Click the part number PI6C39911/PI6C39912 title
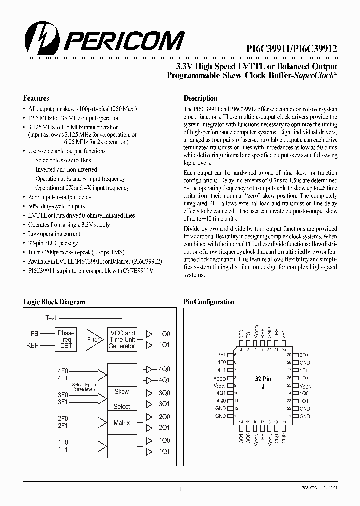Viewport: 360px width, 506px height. tap(292, 49)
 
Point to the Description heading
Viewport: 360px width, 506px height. tap(201, 98)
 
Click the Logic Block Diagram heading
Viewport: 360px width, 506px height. tap(54, 302)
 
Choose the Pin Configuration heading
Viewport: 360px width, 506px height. tap(209, 302)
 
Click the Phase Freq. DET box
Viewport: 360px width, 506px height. tap(66, 339)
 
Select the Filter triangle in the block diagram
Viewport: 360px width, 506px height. tap(93, 339)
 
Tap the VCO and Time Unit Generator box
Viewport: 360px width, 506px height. tap(122, 339)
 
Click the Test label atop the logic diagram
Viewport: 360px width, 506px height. tap(51, 318)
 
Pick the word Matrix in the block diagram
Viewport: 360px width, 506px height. tap(122, 423)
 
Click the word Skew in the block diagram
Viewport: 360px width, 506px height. tap(122, 391)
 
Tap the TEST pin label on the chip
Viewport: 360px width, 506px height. tap(277, 331)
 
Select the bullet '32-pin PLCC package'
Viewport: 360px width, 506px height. tap(53, 243)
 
